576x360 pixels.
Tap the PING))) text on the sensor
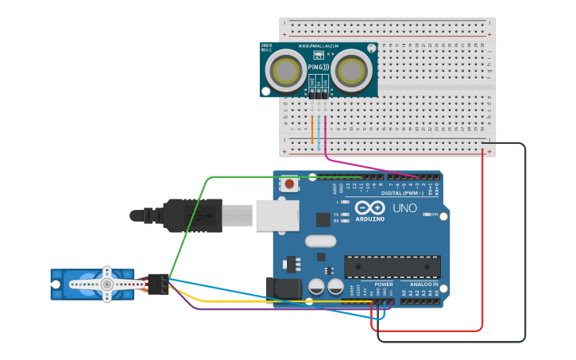318,68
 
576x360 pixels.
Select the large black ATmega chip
392,267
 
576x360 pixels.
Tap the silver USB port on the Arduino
277,215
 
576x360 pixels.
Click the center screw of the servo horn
106,283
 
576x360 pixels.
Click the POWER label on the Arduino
383,284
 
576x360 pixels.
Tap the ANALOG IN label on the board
420,284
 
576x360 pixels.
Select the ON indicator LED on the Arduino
427,215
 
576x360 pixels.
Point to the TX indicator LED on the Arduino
343,215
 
